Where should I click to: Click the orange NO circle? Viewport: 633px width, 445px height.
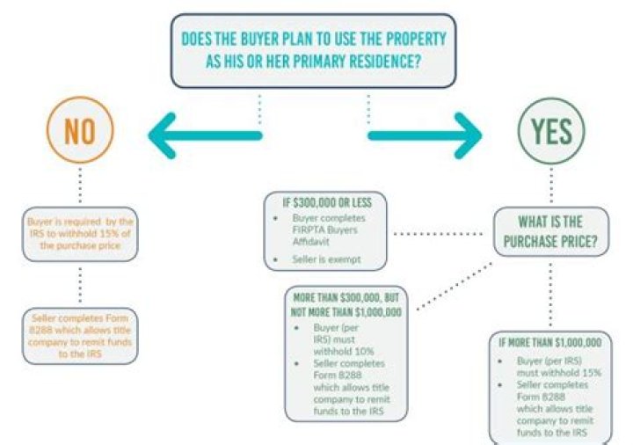(x=80, y=98)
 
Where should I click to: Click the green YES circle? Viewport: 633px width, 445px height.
(x=551, y=98)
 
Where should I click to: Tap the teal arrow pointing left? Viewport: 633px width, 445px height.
(x=205, y=135)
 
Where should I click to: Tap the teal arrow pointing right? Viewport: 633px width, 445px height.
(x=425, y=135)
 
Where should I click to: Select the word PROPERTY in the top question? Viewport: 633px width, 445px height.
(x=416, y=40)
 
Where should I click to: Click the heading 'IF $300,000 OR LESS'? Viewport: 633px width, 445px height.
(x=327, y=202)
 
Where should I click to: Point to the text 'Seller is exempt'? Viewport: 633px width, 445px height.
(x=326, y=259)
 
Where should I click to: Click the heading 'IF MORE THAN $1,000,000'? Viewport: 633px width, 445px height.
(x=550, y=343)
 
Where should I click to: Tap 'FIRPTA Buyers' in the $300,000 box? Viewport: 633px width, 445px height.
(x=325, y=230)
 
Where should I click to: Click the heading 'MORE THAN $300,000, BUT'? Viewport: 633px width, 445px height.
(x=346, y=298)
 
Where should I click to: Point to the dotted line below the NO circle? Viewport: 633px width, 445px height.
(x=80, y=186)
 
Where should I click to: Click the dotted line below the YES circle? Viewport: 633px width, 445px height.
(x=551, y=186)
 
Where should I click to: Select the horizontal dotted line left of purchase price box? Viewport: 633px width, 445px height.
(x=438, y=233)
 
